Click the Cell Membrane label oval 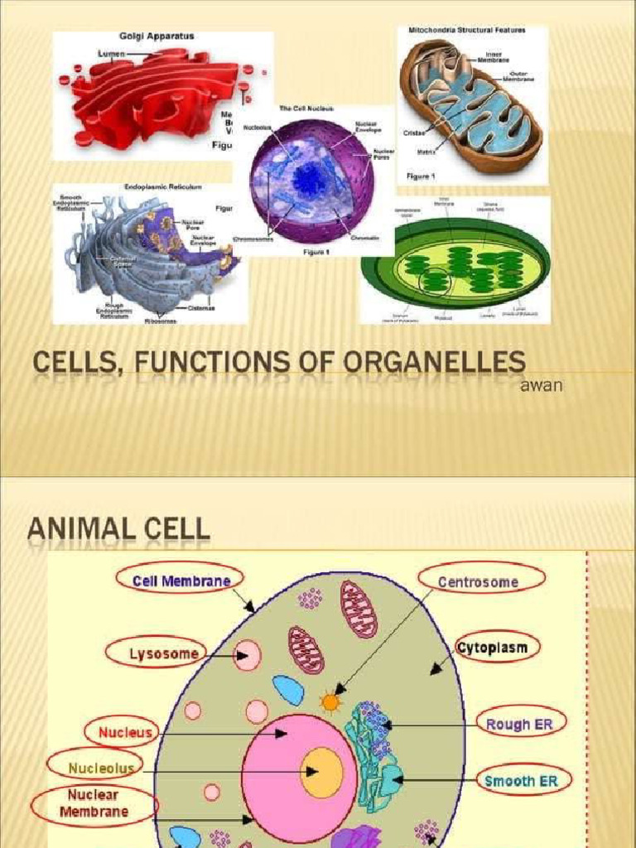click(182, 581)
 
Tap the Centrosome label click(478, 582)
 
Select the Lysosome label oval click(164, 653)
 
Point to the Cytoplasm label click(492, 648)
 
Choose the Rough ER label click(519, 724)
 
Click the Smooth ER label click(521, 780)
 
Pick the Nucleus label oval click(125, 732)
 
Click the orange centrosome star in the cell click(330, 703)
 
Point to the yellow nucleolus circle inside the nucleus click(321, 772)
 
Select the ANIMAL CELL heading click(118, 528)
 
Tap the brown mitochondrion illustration click(470, 104)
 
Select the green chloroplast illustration click(455, 265)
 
